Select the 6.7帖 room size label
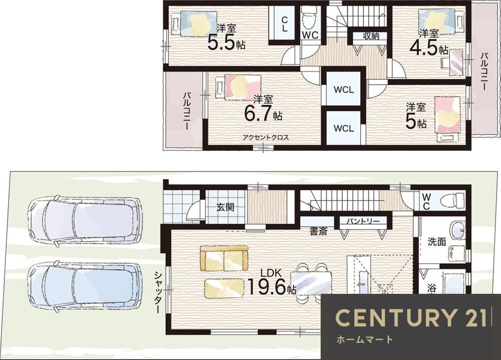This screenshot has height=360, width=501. (263, 113)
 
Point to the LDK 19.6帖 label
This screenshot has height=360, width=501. (272, 282)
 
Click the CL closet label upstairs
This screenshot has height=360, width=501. (285, 24)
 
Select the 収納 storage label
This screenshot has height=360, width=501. (371, 36)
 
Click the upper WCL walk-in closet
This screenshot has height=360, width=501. (344, 90)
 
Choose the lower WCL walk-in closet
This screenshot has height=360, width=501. (344, 128)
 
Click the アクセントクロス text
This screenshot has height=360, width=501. (266, 138)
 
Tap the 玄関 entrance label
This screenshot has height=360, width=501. (225, 207)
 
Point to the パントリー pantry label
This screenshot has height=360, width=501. (363, 221)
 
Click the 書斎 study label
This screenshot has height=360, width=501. (319, 232)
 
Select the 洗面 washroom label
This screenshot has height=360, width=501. (437, 242)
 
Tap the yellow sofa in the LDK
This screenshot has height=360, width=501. (224, 259)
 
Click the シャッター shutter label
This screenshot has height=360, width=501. (157, 292)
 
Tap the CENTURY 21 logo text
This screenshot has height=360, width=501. (411, 318)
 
